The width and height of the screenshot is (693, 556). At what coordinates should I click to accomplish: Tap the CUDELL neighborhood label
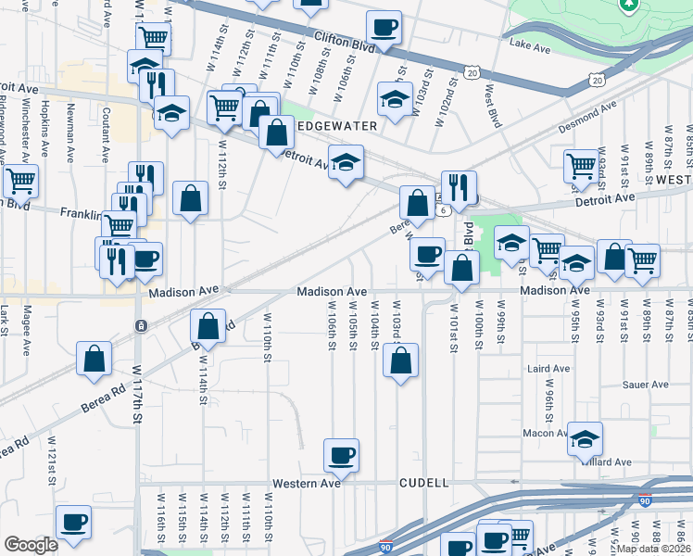(x=423, y=483)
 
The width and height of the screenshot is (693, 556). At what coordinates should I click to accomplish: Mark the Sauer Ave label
(x=646, y=385)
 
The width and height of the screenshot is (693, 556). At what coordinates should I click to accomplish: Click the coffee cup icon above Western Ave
(x=341, y=455)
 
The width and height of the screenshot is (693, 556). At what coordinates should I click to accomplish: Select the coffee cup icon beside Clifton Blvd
(x=384, y=27)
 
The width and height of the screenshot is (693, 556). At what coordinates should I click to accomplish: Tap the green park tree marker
(x=629, y=5)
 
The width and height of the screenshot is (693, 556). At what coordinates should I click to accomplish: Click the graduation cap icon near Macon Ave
(x=585, y=438)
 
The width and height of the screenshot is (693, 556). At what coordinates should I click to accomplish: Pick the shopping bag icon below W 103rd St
(x=400, y=360)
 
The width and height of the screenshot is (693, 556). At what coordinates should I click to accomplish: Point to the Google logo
(x=31, y=545)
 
